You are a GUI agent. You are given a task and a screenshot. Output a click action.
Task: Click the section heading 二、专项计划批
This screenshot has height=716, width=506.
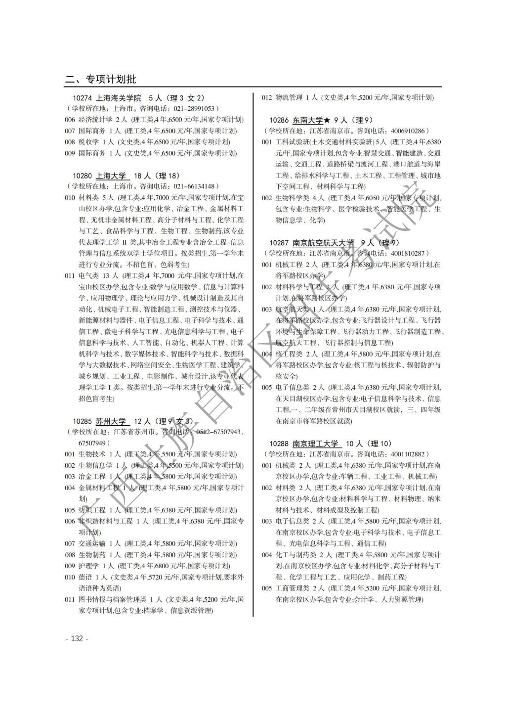point(101,79)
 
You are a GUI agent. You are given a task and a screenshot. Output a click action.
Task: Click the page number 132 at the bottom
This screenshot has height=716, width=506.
point(77,638)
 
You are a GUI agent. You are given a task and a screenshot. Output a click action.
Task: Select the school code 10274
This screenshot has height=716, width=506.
point(82,98)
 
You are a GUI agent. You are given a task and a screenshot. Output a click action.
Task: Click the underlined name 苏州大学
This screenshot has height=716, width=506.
point(111,421)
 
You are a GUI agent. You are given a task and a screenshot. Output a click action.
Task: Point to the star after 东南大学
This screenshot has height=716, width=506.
point(327,120)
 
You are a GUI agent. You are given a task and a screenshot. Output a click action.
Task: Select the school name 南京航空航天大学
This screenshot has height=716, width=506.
point(323,243)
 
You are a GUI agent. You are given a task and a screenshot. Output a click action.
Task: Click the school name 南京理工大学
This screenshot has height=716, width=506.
point(315,444)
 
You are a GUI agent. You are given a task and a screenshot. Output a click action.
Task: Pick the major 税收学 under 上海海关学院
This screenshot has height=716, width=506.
point(88,142)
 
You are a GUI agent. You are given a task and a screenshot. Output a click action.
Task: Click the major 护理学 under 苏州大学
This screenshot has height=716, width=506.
point(88,566)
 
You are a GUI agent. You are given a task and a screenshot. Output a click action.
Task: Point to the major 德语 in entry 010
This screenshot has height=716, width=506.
point(85,577)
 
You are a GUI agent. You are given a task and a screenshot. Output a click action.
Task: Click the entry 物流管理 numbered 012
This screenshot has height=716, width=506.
point(289,97)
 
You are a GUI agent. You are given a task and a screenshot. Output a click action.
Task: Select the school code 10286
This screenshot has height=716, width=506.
point(279,120)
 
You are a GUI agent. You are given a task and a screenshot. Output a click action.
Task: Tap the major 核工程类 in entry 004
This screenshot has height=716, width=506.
point(289,354)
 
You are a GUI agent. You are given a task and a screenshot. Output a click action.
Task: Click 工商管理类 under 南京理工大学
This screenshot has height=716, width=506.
point(292,588)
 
